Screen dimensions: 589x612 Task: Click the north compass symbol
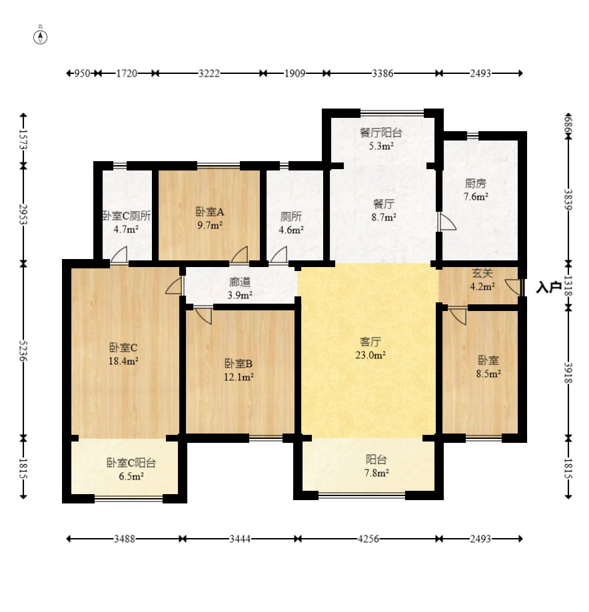40,37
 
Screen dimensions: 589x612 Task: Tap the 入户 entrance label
548,287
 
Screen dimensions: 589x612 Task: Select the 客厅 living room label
370,342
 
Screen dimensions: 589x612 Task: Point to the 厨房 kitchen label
475,183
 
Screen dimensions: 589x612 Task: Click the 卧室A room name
210,212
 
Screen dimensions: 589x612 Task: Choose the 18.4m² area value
123,361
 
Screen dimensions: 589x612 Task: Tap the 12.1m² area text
239,377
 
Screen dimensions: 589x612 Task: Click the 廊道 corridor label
240,282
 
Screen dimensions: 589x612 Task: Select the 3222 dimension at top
209,73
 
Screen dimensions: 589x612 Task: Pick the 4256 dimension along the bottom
368,539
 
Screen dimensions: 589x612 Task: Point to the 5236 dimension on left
23,351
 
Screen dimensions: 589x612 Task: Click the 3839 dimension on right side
568,199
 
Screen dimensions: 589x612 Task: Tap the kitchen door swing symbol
446,222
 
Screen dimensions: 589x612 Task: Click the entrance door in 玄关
513,287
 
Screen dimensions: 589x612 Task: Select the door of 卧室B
203,316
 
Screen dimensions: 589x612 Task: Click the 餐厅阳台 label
381,133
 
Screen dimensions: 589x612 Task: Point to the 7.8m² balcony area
376,473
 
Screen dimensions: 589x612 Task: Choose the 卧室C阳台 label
131,463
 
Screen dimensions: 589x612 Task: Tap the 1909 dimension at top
295,73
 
